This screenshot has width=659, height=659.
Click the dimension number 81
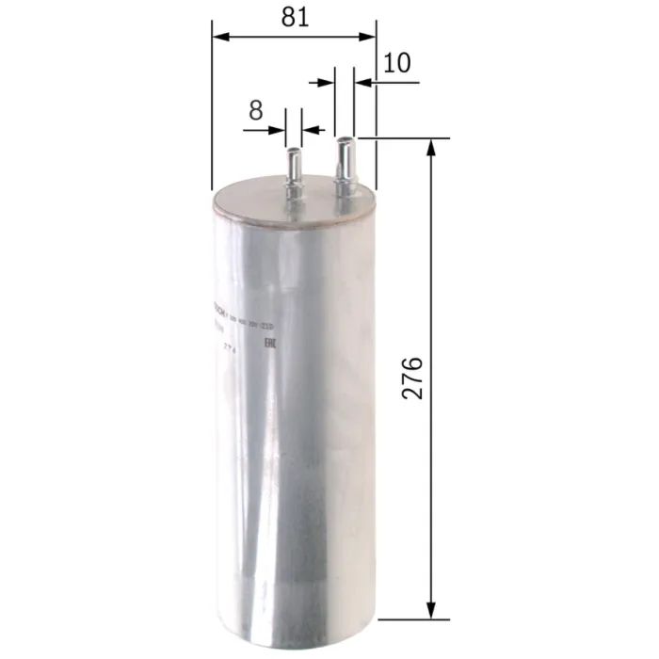[x=294, y=17]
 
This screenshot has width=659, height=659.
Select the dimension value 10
[x=397, y=63]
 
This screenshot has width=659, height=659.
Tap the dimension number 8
[x=255, y=109]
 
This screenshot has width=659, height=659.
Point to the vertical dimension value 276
[x=411, y=378]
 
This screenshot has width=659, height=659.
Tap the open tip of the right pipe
[x=346, y=139]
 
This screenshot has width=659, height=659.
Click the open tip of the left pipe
[x=293, y=148]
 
